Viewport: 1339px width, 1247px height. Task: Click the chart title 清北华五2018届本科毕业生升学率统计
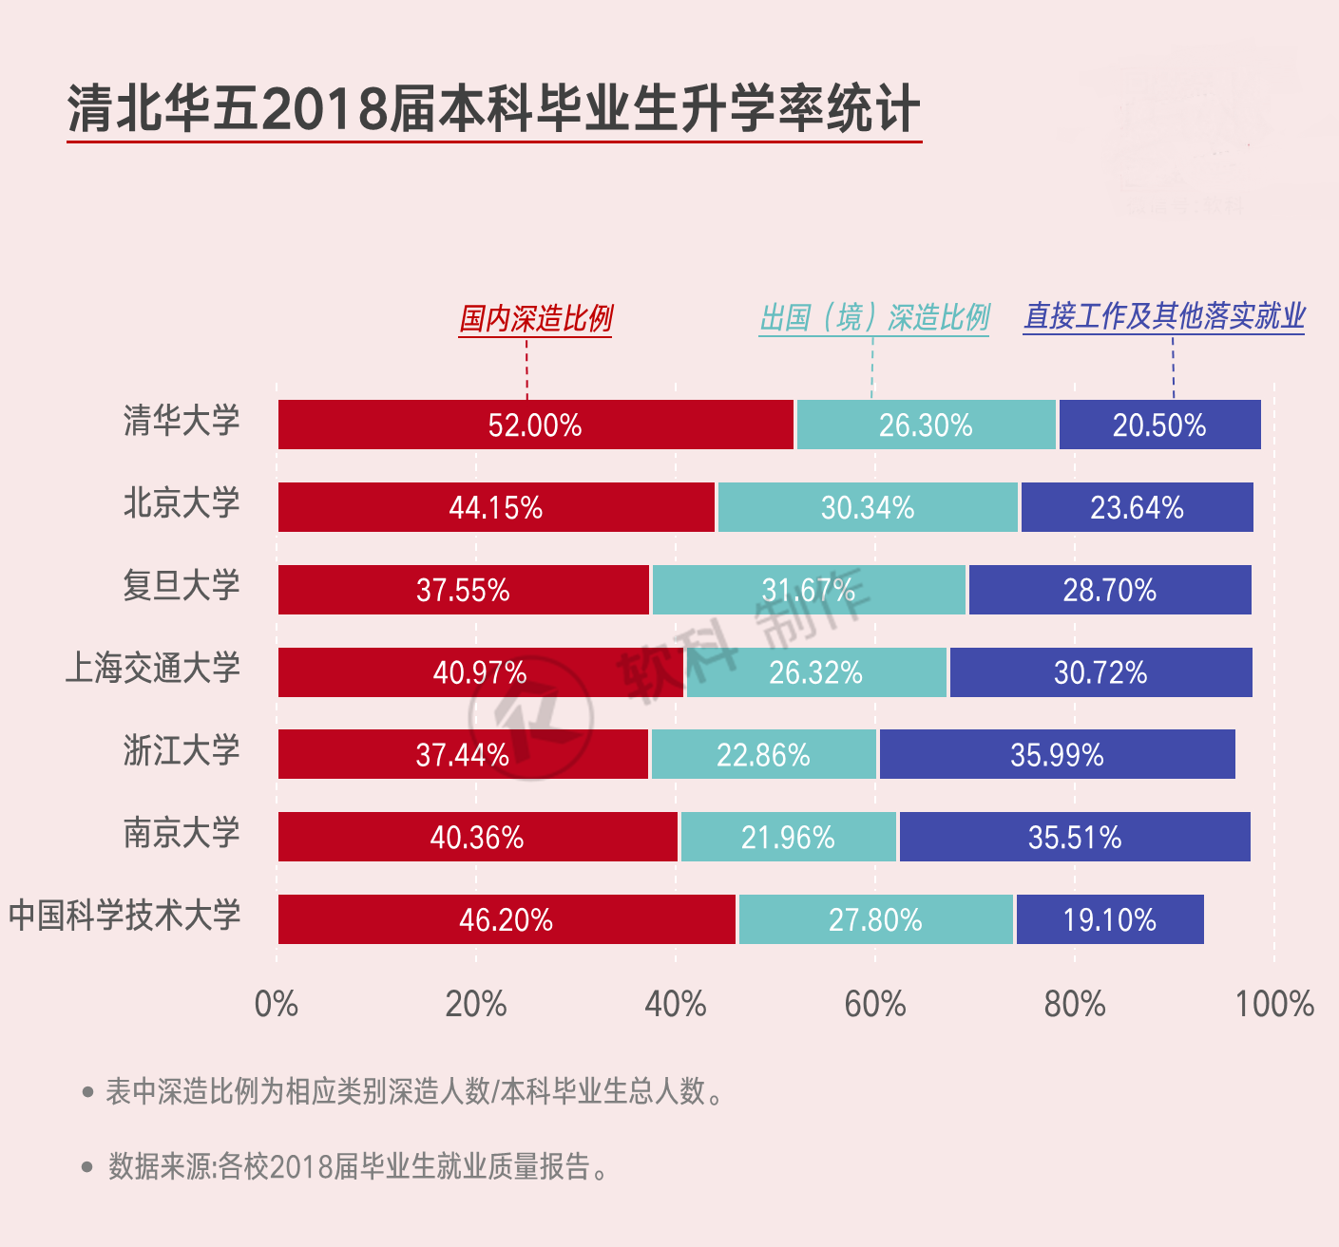click(493, 108)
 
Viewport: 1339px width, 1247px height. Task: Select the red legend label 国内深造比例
click(536, 318)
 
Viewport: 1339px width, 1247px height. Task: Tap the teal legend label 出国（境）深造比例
click(874, 317)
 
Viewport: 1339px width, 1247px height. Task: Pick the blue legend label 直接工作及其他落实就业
click(1164, 316)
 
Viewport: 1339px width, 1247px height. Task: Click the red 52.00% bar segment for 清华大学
click(535, 425)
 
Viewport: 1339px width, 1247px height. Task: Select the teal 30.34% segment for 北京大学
click(868, 507)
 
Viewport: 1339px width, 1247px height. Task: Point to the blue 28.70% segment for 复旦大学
click(1109, 590)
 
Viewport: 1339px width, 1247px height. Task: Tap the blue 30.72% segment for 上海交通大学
click(1100, 672)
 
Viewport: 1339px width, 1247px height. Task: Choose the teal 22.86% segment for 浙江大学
click(763, 755)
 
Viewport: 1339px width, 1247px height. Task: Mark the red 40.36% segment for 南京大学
click(477, 837)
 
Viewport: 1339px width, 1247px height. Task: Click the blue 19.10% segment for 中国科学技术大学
click(1109, 919)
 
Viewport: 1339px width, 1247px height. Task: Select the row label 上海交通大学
click(152, 668)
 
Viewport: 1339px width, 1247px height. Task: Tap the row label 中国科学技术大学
click(124, 916)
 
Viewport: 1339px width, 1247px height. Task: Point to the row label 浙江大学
click(182, 750)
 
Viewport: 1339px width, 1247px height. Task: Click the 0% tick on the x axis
click(277, 1004)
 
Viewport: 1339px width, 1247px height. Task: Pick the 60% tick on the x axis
click(874, 1004)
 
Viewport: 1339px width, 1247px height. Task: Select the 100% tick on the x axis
click(1273, 1004)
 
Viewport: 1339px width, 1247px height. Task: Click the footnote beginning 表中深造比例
click(413, 1091)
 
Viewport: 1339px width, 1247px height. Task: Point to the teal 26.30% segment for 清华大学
click(926, 425)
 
